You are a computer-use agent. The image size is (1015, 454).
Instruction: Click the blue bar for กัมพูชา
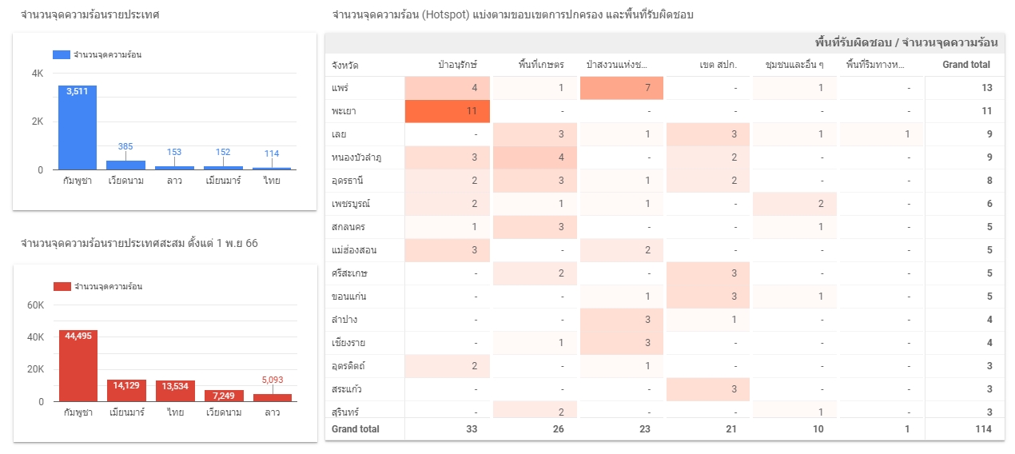coord(77,128)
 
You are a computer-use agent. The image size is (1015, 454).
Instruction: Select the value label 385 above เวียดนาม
coord(125,146)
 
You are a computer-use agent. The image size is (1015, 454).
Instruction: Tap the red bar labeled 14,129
coord(126,390)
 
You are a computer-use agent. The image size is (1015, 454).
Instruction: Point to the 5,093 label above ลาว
coord(273,380)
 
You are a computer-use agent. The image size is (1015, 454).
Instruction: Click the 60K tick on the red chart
coord(36,305)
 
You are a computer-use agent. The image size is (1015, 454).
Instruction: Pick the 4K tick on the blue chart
coord(38,74)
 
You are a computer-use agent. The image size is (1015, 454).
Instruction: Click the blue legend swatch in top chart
coord(62,55)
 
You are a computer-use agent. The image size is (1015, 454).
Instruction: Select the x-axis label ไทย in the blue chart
coord(272,181)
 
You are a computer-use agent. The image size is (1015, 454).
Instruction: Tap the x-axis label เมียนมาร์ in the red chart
coord(126,412)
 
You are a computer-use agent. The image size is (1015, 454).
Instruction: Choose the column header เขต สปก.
coord(717,65)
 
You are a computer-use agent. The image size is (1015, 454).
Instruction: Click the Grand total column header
coord(966,65)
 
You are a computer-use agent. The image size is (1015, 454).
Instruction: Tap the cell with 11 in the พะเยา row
coord(448,111)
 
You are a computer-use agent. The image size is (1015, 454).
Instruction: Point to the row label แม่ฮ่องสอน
coord(354,250)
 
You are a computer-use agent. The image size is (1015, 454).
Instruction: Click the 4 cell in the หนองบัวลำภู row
coord(535,157)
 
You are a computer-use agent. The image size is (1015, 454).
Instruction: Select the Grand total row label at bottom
coord(356,429)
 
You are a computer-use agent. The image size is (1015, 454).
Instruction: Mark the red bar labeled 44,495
coord(78,365)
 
